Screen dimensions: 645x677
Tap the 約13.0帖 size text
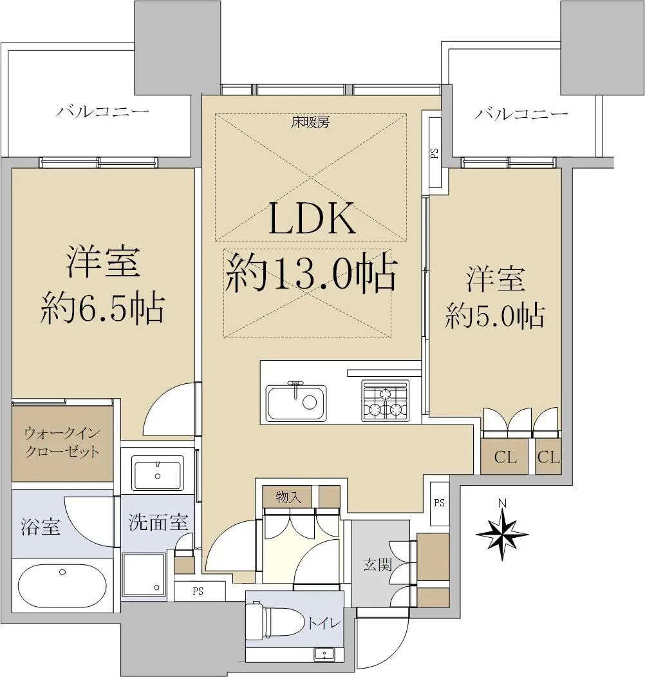[x=310, y=272]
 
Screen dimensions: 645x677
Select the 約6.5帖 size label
[x=103, y=309]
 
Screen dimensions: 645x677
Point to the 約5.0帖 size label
[x=495, y=316]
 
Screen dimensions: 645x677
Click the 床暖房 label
[x=310, y=122]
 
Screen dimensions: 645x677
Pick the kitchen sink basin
[x=296, y=403]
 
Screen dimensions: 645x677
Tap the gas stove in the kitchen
[x=385, y=400]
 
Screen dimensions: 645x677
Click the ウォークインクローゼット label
[x=62, y=442]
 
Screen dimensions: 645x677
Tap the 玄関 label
[x=377, y=564]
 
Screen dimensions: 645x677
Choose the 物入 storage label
[x=288, y=497]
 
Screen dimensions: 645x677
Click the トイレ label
[x=324, y=623]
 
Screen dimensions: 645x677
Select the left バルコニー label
[x=103, y=111]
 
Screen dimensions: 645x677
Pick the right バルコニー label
[x=521, y=114]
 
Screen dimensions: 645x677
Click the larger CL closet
[x=505, y=456]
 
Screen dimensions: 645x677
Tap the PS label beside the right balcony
[x=435, y=153]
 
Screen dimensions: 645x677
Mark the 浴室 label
[x=40, y=527]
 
